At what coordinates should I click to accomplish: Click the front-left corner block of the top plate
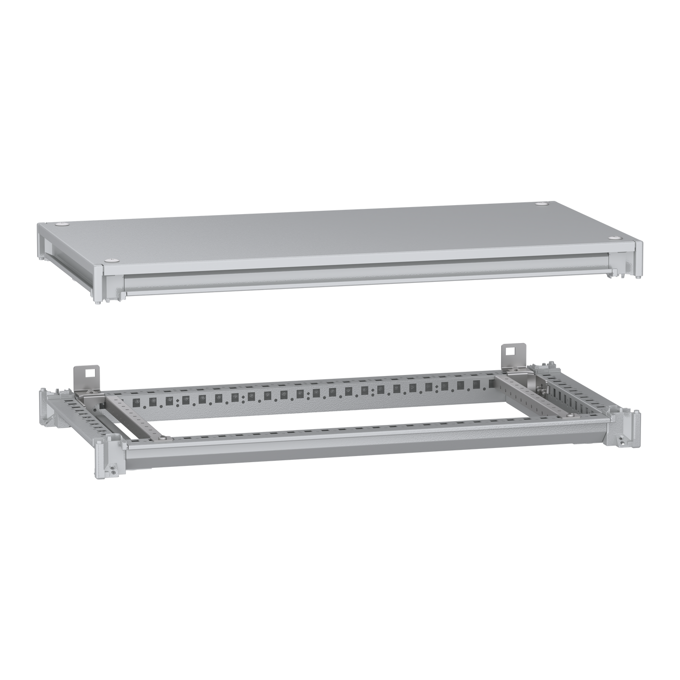point(98,283)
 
